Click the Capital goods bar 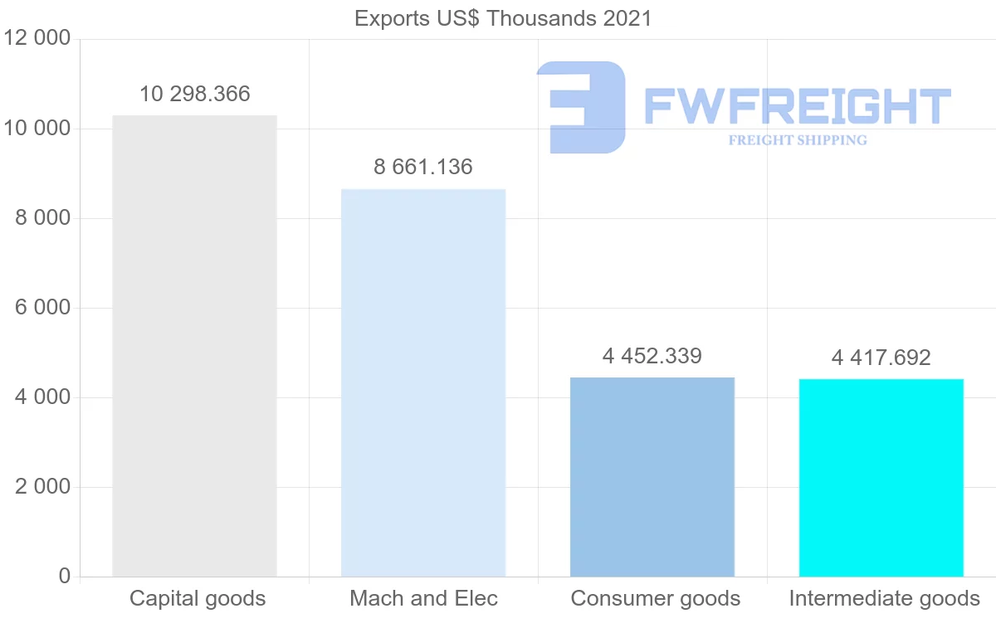(x=194, y=346)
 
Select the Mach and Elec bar (x=423, y=382)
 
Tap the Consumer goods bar (x=652, y=477)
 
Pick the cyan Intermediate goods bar (x=881, y=478)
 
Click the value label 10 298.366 (x=194, y=95)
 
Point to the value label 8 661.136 (x=423, y=168)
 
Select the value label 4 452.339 (x=652, y=357)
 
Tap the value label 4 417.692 (x=881, y=358)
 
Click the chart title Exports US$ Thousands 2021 (x=503, y=18)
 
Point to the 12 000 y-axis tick (x=37, y=39)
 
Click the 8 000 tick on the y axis (x=42, y=218)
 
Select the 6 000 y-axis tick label (x=42, y=308)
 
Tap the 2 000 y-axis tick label (x=42, y=487)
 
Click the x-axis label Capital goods (x=198, y=599)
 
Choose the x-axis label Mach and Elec (x=423, y=599)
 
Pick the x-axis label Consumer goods (x=655, y=599)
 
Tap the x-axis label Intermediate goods (x=884, y=599)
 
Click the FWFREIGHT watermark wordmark (x=797, y=106)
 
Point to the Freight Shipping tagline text (x=798, y=140)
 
